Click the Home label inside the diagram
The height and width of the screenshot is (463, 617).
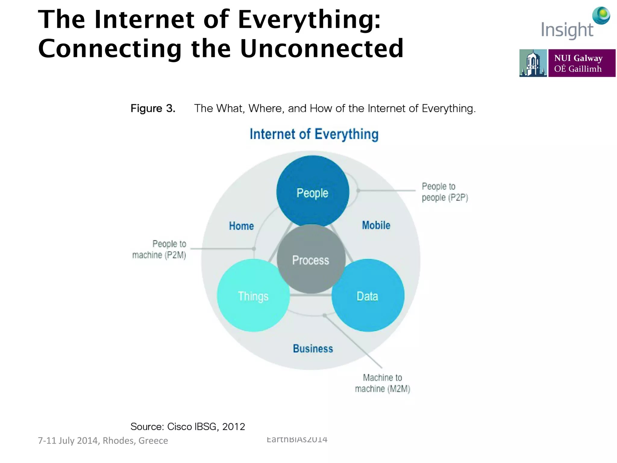point(241,226)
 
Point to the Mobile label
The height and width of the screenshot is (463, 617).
point(376,225)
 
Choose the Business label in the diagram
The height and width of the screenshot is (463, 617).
point(313,348)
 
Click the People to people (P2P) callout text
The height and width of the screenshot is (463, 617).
point(444,192)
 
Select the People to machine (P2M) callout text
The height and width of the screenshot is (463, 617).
point(160,249)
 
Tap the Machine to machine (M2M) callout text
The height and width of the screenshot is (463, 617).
point(382,383)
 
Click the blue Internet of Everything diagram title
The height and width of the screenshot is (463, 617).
point(314,134)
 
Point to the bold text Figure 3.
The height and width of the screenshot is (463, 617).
point(153,108)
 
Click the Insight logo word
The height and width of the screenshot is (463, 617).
point(567,30)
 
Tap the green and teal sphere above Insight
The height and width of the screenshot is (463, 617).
point(601,15)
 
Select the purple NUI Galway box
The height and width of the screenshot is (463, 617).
point(581,63)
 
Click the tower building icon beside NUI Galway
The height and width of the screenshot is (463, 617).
point(533,63)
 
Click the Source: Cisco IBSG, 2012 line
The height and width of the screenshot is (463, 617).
point(187,427)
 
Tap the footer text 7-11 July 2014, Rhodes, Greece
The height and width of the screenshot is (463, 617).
point(103,440)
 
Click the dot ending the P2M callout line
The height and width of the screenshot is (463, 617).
point(254,249)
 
